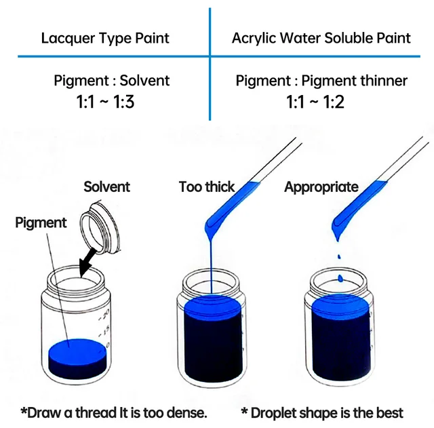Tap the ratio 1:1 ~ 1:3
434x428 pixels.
pos(112,104)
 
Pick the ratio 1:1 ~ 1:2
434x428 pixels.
pos(321,104)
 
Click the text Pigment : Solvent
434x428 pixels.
pos(112,81)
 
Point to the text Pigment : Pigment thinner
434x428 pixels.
pos(321,81)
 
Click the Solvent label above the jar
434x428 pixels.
pos(106,187)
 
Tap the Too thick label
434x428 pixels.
pos(207,187)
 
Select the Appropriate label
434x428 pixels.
pos(321,187)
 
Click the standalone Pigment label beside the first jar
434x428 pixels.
pos(41,222)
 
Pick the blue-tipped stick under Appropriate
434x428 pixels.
pos(359,203)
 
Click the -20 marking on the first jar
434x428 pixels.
pos(104,315)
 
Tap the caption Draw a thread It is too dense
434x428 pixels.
pos(113,412)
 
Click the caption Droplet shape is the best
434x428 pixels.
pos(322,412)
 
